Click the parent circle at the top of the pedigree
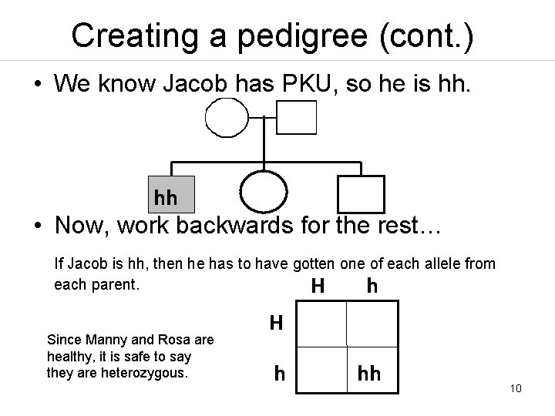[227, 118]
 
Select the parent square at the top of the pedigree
[297, 119]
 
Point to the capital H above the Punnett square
[316, 287]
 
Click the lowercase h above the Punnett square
[372, 287]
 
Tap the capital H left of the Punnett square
[276, 322]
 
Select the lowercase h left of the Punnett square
[280, 374]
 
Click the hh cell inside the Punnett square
[369, 373]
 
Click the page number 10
[516, 388]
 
